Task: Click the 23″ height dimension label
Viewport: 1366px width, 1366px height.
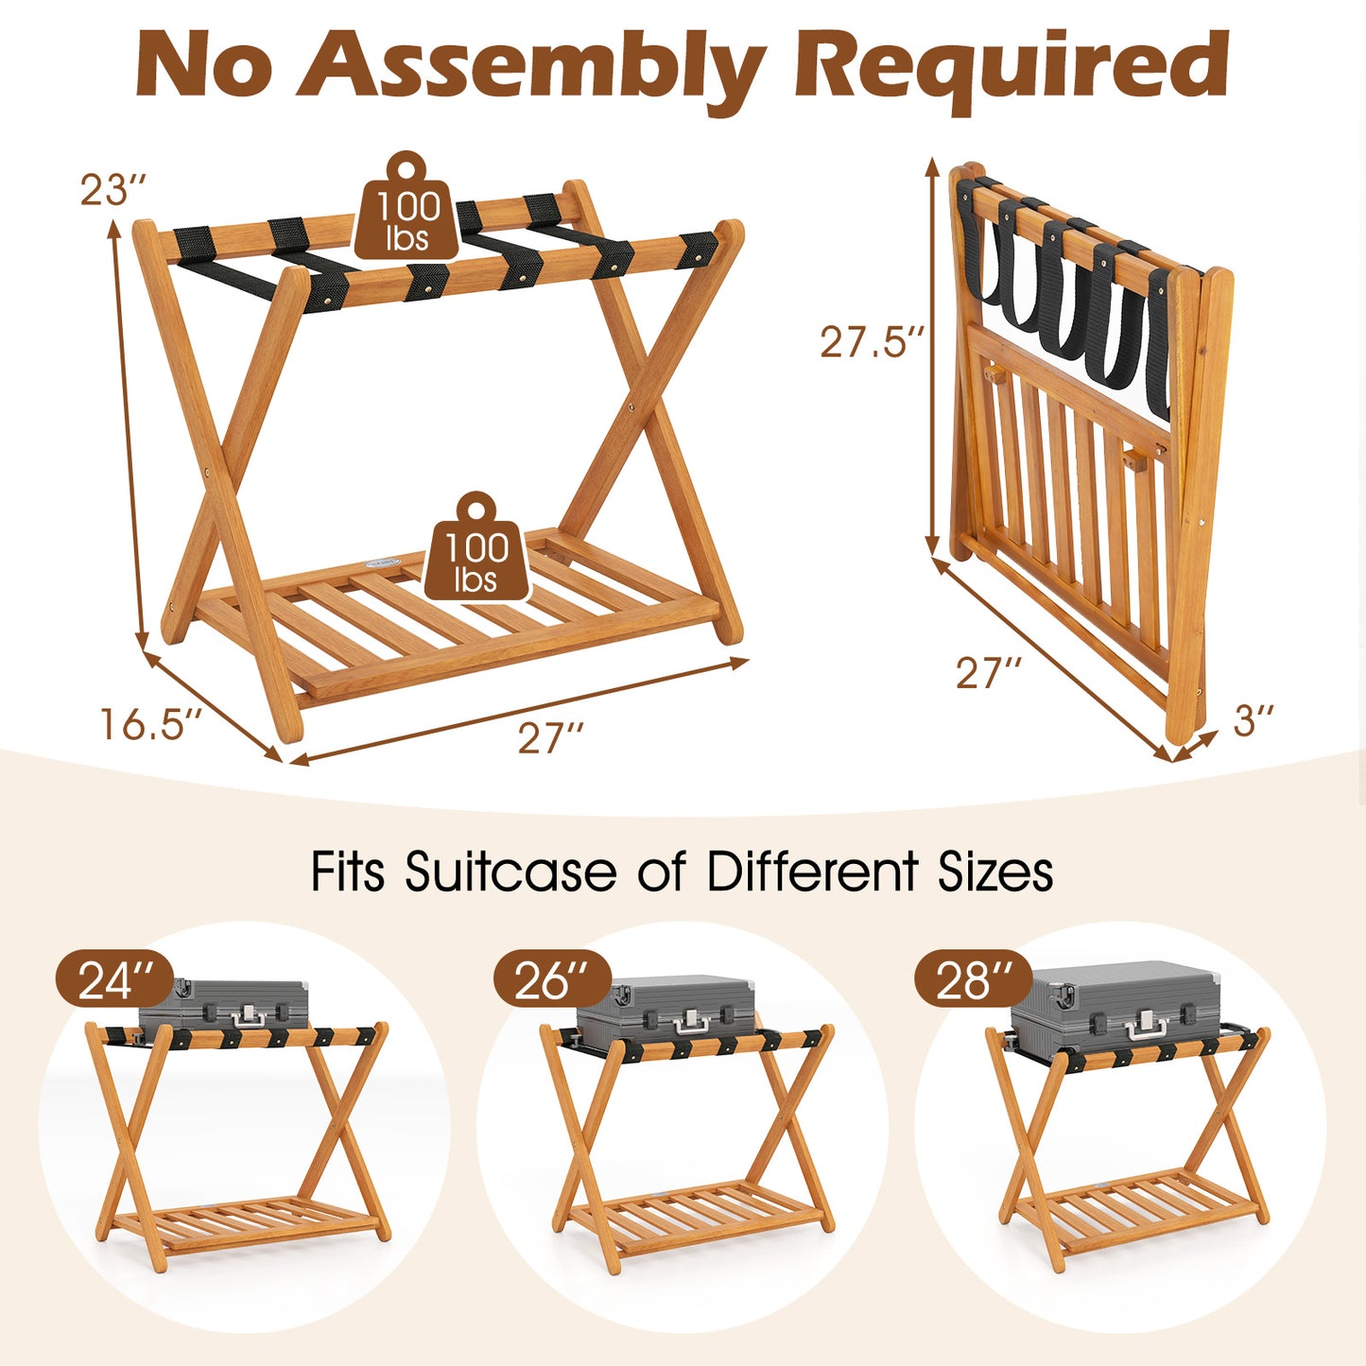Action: tap(112, 189)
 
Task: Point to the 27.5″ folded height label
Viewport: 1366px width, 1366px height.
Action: tap(871, 342)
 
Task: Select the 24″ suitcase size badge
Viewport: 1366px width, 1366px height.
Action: tap(113, 979)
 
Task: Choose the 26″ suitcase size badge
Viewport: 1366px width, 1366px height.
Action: tap(551, 979)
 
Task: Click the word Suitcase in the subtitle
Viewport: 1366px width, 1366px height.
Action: tap(510, 871)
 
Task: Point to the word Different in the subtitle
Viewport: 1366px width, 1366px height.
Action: tap(812, 871)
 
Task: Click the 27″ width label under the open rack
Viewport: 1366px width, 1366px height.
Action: tap(551, 737)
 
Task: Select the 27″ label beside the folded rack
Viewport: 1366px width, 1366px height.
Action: tap(989, 673)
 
